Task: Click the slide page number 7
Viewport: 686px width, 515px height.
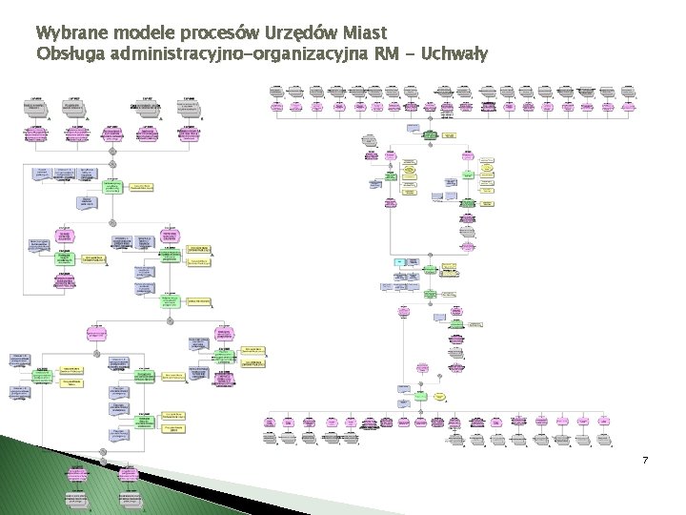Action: pyautogui.click(x=645, y=461)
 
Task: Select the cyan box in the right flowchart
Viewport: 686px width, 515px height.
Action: pyautogui.click(x=400, y=261)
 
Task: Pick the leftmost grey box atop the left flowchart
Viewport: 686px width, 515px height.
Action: pyautogui.click(x=35, y=108)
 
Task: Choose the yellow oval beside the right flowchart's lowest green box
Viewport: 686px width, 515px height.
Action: pyautogui.click(x=440, y=395)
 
